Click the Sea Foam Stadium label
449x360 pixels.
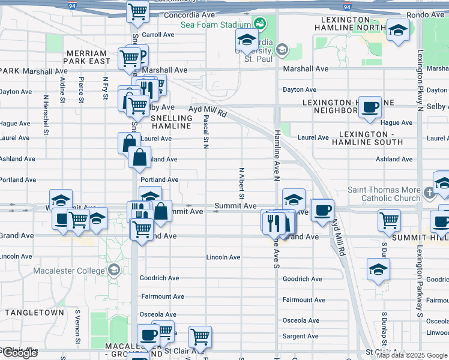pos(215,25)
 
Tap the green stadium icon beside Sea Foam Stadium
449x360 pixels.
pos(259,24)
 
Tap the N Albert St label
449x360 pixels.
pos(242,183)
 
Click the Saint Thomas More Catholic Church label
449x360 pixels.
pos(384,194)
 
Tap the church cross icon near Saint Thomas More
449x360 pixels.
pos(429,194)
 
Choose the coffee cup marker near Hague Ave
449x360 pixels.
pos(370,107)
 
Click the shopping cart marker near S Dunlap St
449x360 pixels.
pos(389,220)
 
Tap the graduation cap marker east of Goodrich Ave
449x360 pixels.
pos(378,269)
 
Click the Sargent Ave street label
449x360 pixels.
pos(301,337)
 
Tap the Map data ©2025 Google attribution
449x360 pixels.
pos(412,355)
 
